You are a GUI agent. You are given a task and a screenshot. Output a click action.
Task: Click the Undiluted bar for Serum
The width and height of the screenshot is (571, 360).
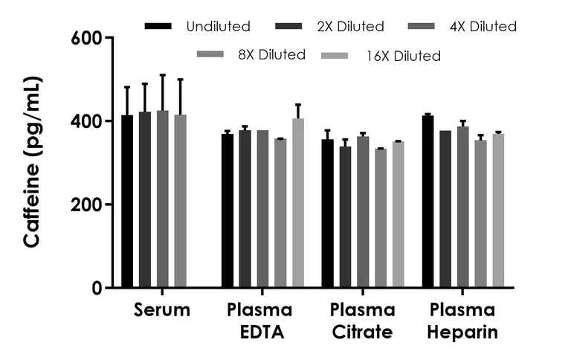[127, 201]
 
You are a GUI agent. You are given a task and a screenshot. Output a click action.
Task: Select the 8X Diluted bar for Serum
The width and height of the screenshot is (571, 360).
[180, 201]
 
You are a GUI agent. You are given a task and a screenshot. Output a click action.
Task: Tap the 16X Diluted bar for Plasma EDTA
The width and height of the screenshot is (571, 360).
[298, 202]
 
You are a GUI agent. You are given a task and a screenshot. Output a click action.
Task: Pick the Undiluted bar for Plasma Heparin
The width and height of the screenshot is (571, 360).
[428, 202]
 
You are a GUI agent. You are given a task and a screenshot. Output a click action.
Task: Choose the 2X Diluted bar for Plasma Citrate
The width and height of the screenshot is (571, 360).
[345, 216]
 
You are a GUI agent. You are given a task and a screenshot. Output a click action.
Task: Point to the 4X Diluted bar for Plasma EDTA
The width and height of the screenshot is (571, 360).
[262, 209]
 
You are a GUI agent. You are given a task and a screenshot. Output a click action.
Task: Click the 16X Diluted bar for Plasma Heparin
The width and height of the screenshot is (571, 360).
[499, 210]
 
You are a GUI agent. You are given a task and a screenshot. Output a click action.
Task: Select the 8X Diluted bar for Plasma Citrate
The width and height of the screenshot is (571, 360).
[381, 218]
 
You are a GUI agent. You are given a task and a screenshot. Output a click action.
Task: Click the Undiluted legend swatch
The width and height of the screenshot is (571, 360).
[158, 26]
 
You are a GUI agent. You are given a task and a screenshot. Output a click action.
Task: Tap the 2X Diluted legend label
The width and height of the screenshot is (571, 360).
[350, 26]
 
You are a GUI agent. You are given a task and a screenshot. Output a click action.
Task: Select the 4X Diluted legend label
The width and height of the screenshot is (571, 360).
[483, 26]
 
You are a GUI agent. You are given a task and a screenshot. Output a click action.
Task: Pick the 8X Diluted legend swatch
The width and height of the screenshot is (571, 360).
[210, 54]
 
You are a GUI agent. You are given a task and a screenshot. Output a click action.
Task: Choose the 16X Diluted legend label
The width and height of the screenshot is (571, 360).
[404, 56]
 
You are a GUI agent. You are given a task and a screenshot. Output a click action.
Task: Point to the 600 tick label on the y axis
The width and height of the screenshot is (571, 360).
[86, 38]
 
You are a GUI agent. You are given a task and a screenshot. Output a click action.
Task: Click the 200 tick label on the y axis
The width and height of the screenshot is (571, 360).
[86, 205]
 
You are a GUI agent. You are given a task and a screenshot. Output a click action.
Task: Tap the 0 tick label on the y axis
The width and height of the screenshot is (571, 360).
[97, 288]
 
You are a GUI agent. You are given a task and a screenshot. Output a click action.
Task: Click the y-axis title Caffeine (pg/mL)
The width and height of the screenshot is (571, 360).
[32, 162]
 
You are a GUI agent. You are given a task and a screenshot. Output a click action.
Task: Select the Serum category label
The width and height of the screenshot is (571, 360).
[162, 310]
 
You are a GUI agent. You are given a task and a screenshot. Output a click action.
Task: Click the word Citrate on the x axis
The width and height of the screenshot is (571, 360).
[362, 332]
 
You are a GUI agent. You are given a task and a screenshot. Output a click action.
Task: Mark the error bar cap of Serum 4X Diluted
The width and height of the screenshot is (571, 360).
[163, 74]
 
